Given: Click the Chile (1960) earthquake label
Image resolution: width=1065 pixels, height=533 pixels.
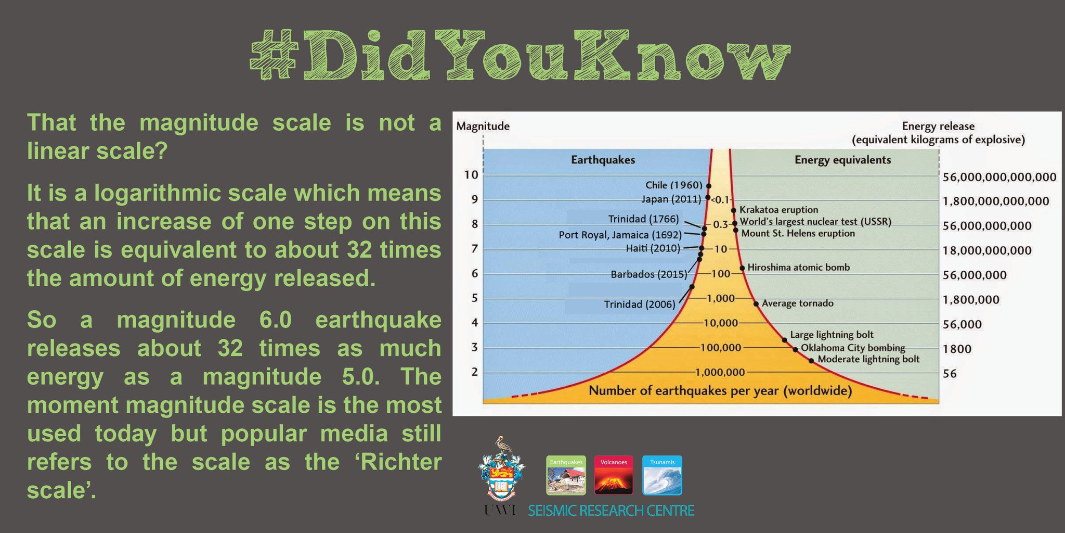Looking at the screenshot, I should click(x=673, y=185).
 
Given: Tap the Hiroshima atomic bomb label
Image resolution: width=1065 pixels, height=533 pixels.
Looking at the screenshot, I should click(x=798, y=268).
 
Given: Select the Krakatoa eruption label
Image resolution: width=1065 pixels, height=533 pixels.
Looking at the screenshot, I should click(x=778, y=210).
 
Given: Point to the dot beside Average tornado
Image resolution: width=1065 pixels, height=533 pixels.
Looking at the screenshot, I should click(x=756, y=303).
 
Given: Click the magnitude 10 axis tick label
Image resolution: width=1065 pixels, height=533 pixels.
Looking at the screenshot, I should click(x=471, y=175).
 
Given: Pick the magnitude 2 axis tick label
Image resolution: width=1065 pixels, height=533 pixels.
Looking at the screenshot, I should click(x=474, y=372).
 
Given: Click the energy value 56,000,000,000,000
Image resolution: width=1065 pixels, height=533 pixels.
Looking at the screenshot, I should click(x=999, y=177).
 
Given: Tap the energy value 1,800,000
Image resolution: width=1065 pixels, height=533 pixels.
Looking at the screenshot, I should click(x=971, y=300).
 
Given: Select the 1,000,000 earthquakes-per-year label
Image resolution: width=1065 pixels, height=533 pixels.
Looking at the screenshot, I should click(x=720, y=372).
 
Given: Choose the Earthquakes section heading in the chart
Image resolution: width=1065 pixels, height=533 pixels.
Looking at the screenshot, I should click(x=603, y=160).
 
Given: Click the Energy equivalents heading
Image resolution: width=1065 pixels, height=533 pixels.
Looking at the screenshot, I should click(x=842, y=160).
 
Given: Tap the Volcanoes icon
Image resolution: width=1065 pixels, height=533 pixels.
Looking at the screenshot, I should click(x=614, y=475).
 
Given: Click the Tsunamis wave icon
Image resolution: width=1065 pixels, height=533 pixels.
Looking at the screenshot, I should click(x=662, y=475).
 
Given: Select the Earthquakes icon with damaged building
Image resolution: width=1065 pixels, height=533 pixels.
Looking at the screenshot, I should click(x=566, y=475).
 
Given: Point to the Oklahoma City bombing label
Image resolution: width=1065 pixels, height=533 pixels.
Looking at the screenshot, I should click(x=853, y=348).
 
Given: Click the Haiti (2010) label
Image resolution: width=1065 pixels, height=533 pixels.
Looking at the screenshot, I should click(x=653, y=248).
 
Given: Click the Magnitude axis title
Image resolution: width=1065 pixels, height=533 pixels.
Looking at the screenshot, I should click(x=483, y=126).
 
